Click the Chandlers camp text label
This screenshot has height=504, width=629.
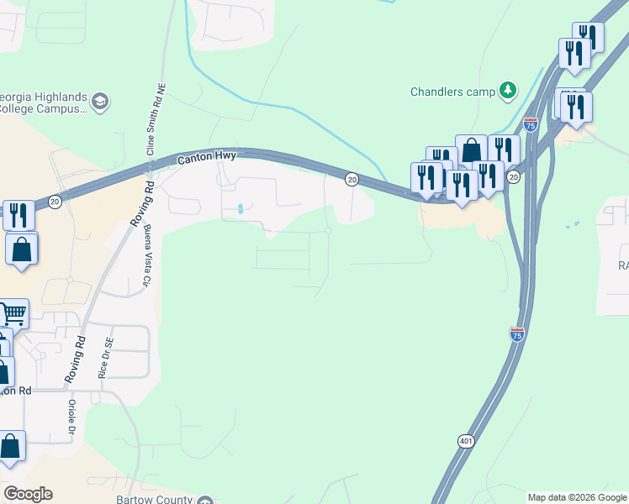point(452,91)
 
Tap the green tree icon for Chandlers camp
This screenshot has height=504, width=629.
point(507,89)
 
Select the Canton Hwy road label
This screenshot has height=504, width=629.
point(207,157)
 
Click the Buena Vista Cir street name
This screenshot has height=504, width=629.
point(146,255)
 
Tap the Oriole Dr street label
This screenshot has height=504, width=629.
point(71,417)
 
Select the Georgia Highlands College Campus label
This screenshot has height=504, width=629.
point(42,102)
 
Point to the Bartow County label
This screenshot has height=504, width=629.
point(156,499)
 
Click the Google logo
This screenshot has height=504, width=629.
point(28,494)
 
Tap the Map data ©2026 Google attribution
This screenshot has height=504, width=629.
point(577,497)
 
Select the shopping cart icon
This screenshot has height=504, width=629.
point(13,313)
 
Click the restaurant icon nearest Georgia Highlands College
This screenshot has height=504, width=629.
point(18,214)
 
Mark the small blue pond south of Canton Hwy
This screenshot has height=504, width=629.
point(241,209)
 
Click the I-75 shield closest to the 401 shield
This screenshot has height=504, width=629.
point(517,334)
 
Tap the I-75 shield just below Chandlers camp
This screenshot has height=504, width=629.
point(531,124)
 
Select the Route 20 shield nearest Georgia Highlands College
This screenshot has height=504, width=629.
point(54,202)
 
